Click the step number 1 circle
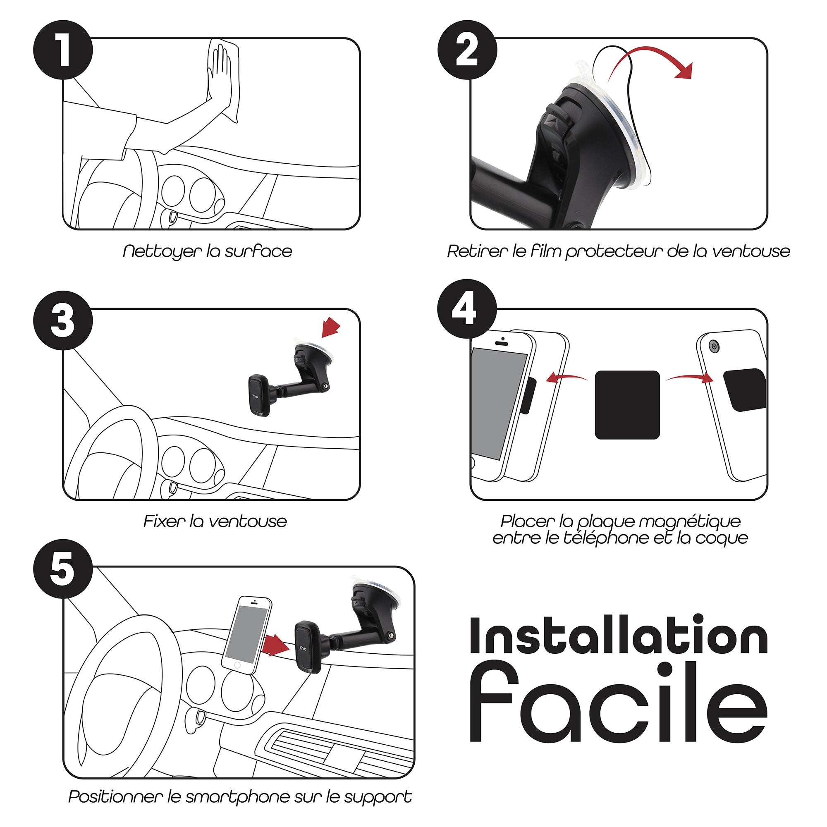pos(63,50)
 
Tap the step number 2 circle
pos(467,50)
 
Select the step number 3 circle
pos(63,320)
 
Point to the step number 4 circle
pos(467,309)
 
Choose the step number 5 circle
pos(63,569)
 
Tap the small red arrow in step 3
pos(330,327)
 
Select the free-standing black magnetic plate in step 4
pos(627,405)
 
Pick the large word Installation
pos(619,635)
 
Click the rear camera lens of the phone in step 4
pos(713,346)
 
